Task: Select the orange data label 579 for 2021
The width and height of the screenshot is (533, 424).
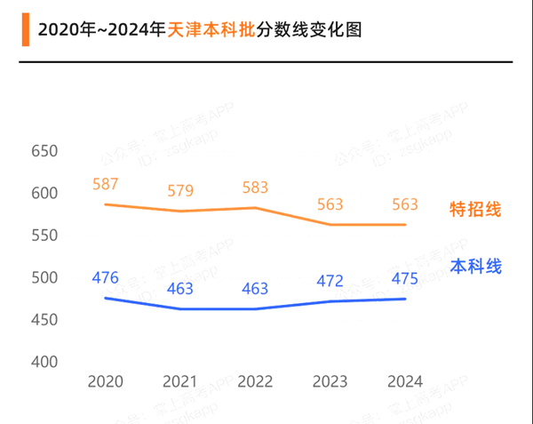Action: [x=180, y=191]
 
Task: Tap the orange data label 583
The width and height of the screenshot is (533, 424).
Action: [x=255, y=188]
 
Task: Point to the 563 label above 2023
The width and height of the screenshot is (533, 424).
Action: [x=330, y=204]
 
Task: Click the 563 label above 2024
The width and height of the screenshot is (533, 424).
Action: [x=404, y=204]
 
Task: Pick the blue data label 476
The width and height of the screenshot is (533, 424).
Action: [x=105, y=277]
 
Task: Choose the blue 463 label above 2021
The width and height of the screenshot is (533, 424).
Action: [x=180, y=289]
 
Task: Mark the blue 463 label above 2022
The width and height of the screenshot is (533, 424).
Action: [x=255, y=289]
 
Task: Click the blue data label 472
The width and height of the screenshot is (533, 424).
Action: [x=330, y=281]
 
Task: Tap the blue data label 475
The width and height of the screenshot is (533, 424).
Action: [x=404, y=279]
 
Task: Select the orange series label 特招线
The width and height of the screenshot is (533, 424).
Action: [x=475, y=210]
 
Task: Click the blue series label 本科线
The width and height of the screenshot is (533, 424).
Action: [x=475, y=266]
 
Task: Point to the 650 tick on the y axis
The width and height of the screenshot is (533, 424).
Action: [x=44, y=151]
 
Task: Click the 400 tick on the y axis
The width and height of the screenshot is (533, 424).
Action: [x=44, y=363]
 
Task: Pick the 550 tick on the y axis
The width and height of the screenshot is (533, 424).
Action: [x=44, y=236]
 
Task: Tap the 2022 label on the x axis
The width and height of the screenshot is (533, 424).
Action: [x=255, y=381]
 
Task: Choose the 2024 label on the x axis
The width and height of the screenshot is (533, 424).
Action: [x=404, y=381]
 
